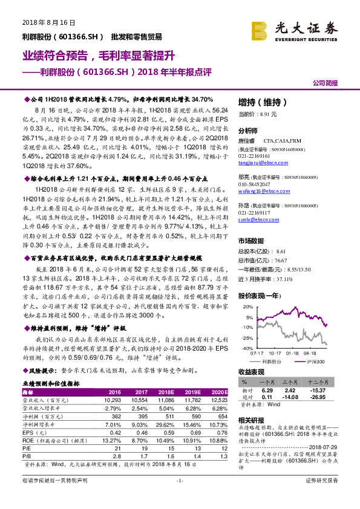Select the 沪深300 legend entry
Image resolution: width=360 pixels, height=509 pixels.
[x=316, y=360]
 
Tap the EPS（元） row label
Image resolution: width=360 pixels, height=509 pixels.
[x=36, y=433]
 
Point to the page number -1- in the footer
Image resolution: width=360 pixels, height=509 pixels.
[x=180, y=497]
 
